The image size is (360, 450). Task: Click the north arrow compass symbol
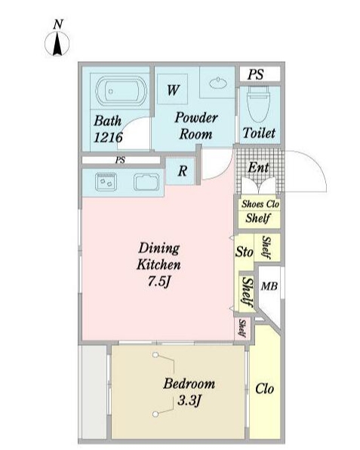click(57, 44)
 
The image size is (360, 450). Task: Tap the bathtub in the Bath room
click(121, 91)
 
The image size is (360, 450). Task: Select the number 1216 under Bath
click(108, 137)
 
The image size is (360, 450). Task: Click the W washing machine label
click(173, 90)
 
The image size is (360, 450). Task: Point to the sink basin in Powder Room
click(218, 83)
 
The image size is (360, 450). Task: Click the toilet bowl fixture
click(258, 104)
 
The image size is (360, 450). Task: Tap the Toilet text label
click(259, 133)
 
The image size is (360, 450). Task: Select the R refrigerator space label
click(183, 171)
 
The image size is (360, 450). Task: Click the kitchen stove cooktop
click(106, 182)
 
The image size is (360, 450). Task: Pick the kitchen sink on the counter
click(146, 182)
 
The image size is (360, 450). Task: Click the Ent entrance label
click(258, 168)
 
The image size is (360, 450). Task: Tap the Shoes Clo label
click(260, 204)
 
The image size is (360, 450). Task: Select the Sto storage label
click(244, 252)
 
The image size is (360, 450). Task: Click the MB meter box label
click(269, 286)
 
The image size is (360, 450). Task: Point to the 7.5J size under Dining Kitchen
click(159, 282)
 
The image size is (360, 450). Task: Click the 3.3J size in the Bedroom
click(189, 400)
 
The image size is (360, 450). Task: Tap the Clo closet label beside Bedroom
click(264, 389)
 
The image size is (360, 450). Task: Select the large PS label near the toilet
click(256, 74)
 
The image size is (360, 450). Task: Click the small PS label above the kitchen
click(121, 160)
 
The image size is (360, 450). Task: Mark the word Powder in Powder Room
click(196, 118)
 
